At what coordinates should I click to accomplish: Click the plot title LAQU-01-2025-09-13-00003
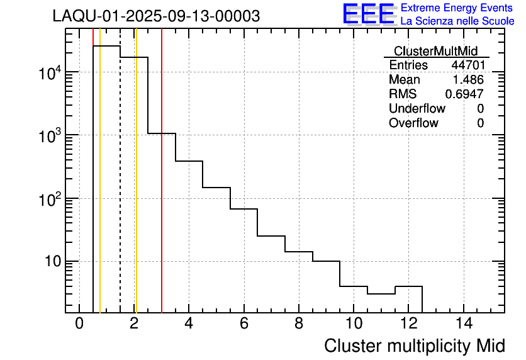tap(156, 16)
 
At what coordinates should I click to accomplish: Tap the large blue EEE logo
tap(368, 14)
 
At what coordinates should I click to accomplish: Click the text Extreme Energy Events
tap(457, 8)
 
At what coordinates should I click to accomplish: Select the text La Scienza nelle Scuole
tap(457, 21)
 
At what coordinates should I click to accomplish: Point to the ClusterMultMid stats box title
tap(435, 51)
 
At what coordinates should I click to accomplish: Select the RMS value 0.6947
tap(464, 94)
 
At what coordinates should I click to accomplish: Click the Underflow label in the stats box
tap(417, 109)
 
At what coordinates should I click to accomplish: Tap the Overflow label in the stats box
tap(413, 123)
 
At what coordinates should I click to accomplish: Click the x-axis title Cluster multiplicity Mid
tap(414, 346)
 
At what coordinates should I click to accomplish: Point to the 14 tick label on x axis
tap(463, 324)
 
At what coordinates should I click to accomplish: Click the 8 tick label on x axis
tap(299, 324)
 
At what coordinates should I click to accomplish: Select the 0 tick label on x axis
tap(79, 324)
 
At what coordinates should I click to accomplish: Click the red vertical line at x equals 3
tap(162, 189)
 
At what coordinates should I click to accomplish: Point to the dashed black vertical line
tap(120, 189)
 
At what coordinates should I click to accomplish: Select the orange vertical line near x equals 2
tap(136, 189)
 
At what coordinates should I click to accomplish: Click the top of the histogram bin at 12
tap(408, 286)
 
